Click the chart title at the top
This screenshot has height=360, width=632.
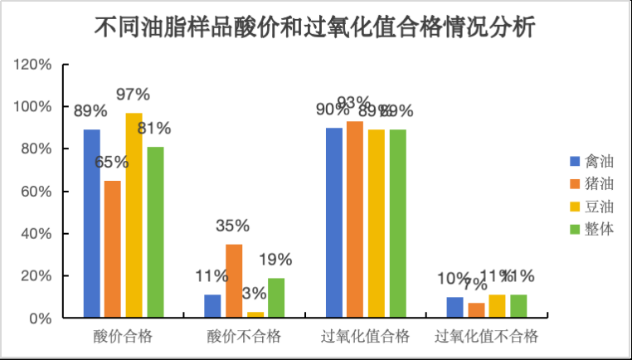pos(315,27)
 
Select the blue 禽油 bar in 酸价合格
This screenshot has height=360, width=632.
pos(91,223)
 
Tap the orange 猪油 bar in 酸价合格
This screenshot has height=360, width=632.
pos(112,249)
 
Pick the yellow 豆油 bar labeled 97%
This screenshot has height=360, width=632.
pos(134,215)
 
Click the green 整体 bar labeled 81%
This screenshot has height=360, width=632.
pos(155,232)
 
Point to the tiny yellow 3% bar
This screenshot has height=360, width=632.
pos(255,314)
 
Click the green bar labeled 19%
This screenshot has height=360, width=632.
pos(276,298)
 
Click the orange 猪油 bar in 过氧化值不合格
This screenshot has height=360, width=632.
pos(476,310)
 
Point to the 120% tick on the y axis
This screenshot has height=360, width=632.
pos(34,65)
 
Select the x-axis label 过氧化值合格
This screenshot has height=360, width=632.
pos(365,337)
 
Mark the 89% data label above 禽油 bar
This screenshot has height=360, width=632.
pos(90,112)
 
